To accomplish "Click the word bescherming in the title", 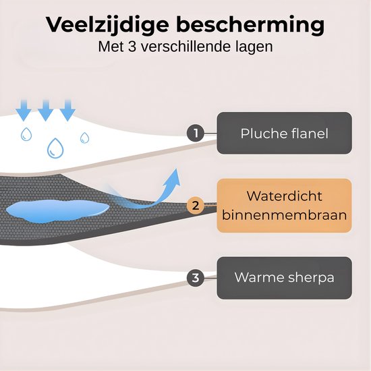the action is pos(250,25).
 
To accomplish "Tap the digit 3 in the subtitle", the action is pos(132,47).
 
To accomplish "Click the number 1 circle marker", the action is pos(196,133).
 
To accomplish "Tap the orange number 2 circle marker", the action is pos(196,205).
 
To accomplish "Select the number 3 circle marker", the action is pos(196,278).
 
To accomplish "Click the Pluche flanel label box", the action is pos(284,133).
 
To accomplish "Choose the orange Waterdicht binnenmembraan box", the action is pos(284,205).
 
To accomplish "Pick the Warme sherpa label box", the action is pos(284,278).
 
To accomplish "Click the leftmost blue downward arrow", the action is pos(24,110).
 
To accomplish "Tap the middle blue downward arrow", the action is pos(46,110).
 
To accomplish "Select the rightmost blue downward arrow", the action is pos(67,110).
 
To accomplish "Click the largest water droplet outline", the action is pos(55,148).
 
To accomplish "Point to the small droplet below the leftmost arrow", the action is pos(26,134).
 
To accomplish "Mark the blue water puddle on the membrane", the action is pos(57,211).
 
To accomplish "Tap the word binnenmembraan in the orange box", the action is pos(284,215).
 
